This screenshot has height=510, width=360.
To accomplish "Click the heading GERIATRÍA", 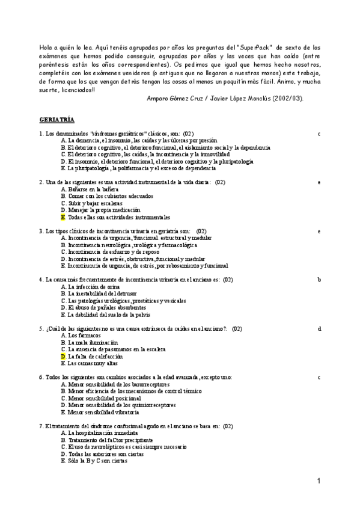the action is [x=56, y=120].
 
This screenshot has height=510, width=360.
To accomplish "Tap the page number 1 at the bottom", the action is [x=319, y=481].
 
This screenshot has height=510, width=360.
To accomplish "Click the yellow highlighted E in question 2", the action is [x=63, y=218].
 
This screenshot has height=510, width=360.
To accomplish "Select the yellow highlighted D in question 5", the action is [x=63, y=356].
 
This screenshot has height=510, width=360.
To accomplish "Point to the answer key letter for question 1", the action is [x=319, y=133].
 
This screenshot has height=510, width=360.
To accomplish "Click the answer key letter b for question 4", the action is [x=319, y=280].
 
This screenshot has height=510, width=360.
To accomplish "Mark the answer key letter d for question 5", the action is [x=319, y=328].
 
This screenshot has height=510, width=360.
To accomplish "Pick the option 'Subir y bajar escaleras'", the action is [x=90, y=203].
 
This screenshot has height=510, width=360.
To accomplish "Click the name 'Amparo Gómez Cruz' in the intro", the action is [x=172, y=98].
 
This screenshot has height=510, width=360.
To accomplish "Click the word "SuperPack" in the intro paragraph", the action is [x=255, y=47].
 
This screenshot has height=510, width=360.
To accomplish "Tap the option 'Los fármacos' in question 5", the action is [x=81, y=336].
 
